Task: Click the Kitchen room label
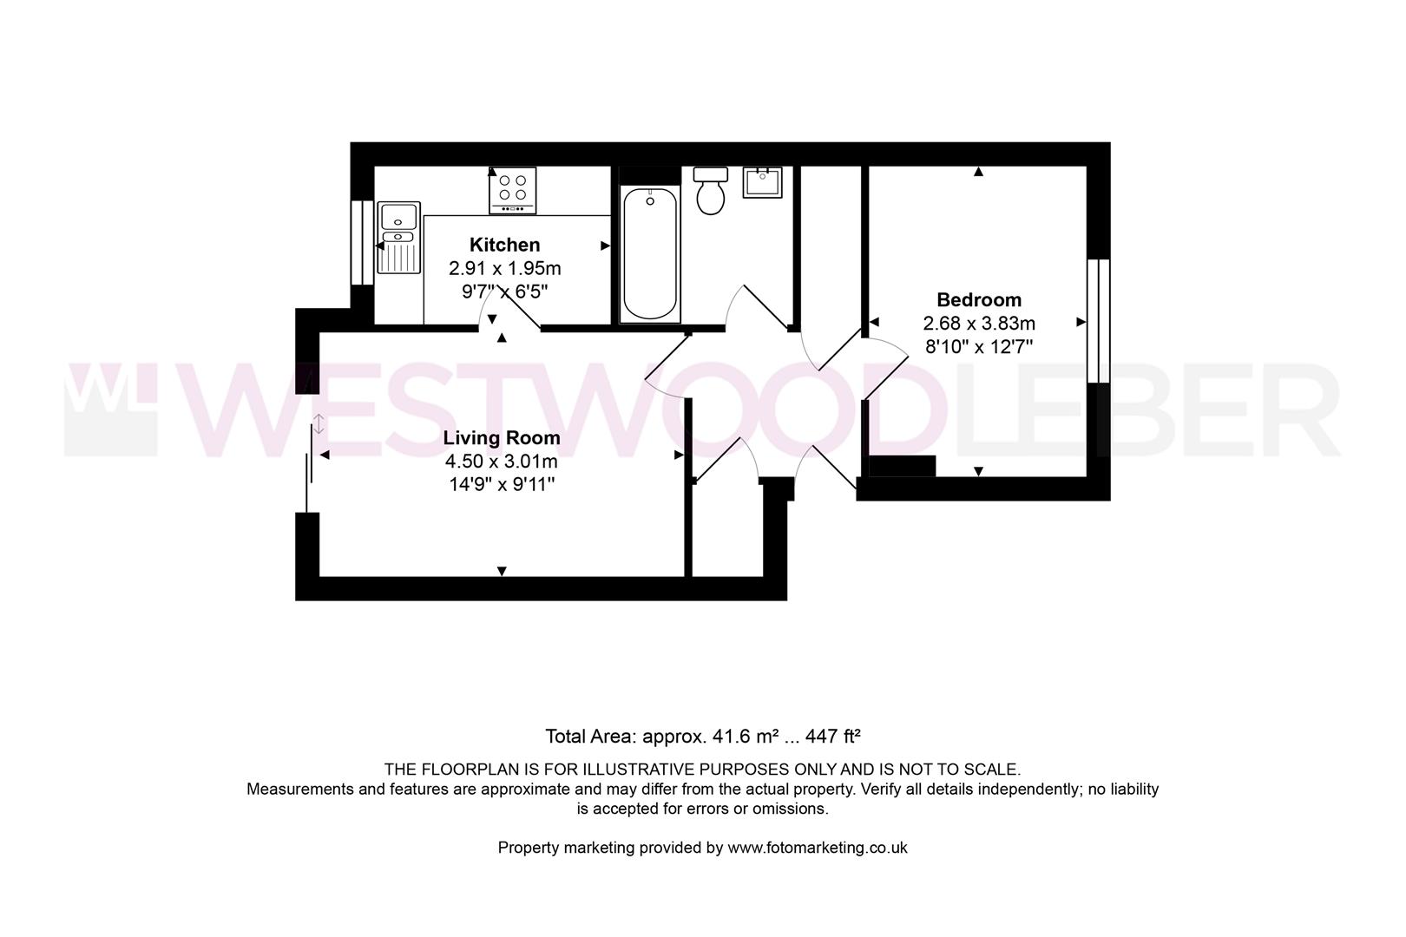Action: tap(504, 245)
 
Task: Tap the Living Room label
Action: tap(502, 438)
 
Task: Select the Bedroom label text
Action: tap(979, 300)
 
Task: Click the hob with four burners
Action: tap(513, 190)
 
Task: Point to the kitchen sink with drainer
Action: tap(398, 237)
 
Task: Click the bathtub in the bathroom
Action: tap(650, 253)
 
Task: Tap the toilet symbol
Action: tap(711, 192)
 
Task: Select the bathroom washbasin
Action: tap(763, 183)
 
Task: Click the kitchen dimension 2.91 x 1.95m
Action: tap(504, 269)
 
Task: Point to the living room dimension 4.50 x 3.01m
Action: tap(501, 462)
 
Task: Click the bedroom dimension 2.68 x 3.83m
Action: tap(979, 324)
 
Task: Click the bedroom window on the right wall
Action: tap(1099, 321)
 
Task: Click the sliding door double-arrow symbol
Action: tap(319, 424)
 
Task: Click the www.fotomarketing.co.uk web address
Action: tap(818, 848)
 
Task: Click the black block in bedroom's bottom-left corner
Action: tap(903, 466)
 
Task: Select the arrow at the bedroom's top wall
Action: tap(979, 172)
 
